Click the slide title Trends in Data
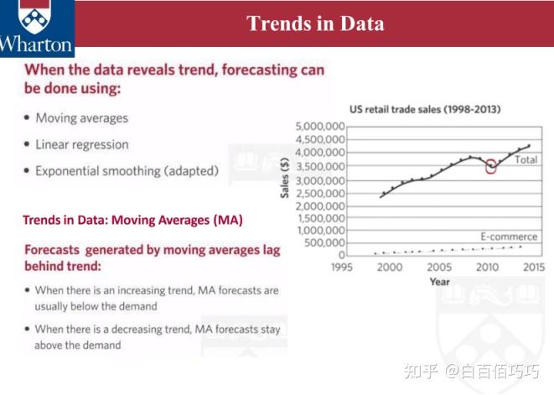(315, 23)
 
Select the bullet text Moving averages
(81, 118)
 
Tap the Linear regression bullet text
(82, 144)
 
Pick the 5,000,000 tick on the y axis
(320, 127)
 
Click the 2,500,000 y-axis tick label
(320, 194)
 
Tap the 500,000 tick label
(324, 243)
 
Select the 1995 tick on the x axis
(342, 267)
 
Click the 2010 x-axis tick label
(487, 267)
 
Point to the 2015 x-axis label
(534, 267)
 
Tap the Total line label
(526, 160)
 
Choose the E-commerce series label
(509, 236)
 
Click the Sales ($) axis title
(285, 178)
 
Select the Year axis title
(439, 282)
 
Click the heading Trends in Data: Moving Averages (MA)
(133, 221)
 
